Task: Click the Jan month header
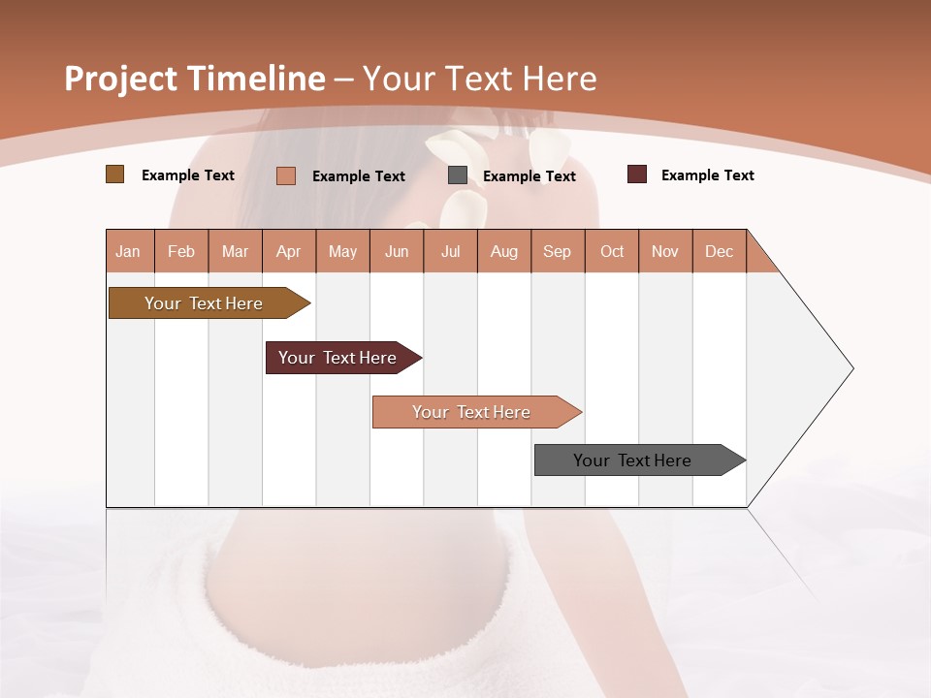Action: [x=129, y=251]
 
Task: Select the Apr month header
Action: [x=289, y=251]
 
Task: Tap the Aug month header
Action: [x=504, y=251]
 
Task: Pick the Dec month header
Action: [x=719, y=251]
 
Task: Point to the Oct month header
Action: [x=612, y=251]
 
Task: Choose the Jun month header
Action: [x=397, y=251]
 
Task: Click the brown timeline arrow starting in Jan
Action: [x=205, y=303]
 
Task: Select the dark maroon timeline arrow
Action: [x=338, y=358]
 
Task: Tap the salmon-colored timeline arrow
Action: [x=472, y=412]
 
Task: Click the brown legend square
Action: [x=114, y=174]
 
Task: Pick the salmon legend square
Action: [x=285, y=175]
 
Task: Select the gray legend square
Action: [x=457, y=175]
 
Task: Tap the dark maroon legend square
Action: [x=636, y=174]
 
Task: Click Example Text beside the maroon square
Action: [x=707, y=175]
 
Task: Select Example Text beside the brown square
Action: [x=188, y=175]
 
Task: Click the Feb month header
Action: [x=181, y=251]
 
